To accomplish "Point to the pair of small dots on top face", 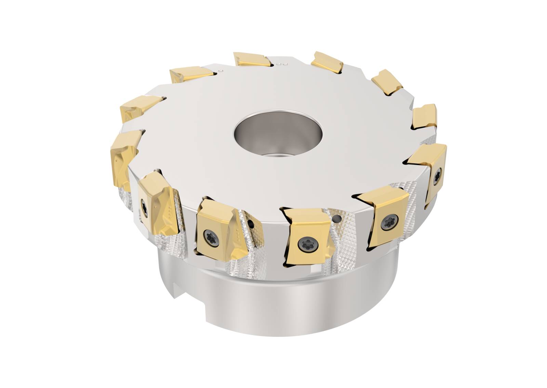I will [282, 64].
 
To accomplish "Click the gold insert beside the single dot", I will [191, 74].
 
